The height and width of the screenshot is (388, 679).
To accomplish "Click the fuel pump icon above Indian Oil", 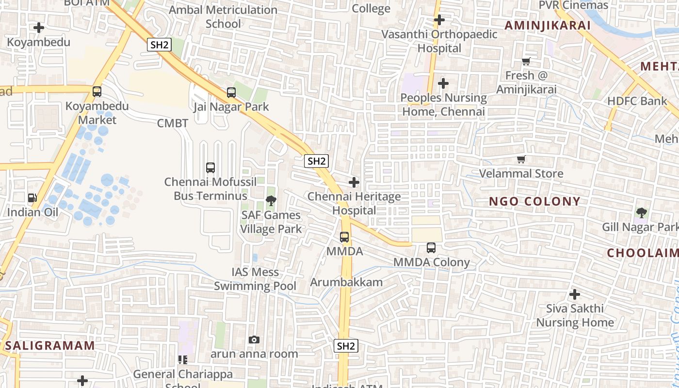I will [32, 197].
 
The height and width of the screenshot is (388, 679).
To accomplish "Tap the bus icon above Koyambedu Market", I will [97, 91].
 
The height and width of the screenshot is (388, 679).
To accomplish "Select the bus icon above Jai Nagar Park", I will [231, 92].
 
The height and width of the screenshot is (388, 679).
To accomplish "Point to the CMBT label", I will [172, 123].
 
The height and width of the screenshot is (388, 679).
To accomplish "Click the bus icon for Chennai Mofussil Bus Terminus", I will [210, 168].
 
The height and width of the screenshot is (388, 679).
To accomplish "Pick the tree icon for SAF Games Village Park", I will [271, 200].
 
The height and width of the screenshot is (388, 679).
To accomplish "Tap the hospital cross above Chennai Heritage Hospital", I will [355, 182].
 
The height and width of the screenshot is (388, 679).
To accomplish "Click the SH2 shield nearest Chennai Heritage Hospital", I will [317, 161].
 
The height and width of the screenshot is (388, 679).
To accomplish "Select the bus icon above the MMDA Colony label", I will [431, 248].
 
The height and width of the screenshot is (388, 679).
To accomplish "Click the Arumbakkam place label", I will [346, 282].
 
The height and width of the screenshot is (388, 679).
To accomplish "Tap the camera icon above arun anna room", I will [254, 339].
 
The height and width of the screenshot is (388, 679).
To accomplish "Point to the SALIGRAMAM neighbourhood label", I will [50, 346].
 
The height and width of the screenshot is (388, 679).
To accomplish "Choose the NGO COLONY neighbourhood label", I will [534, 201].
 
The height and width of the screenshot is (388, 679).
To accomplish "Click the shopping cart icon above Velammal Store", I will [521, 159].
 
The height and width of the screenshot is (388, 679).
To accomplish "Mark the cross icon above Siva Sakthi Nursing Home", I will [575, 294].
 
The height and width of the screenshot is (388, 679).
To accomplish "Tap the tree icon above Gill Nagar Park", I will [642, 212].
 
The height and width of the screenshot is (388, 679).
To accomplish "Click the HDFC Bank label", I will [637, 101].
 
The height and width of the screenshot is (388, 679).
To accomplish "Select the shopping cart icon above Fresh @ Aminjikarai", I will [526, 61].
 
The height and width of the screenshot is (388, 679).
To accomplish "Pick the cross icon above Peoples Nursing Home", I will [443, 83].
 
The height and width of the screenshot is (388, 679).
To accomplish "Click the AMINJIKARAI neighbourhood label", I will [548, 25].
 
